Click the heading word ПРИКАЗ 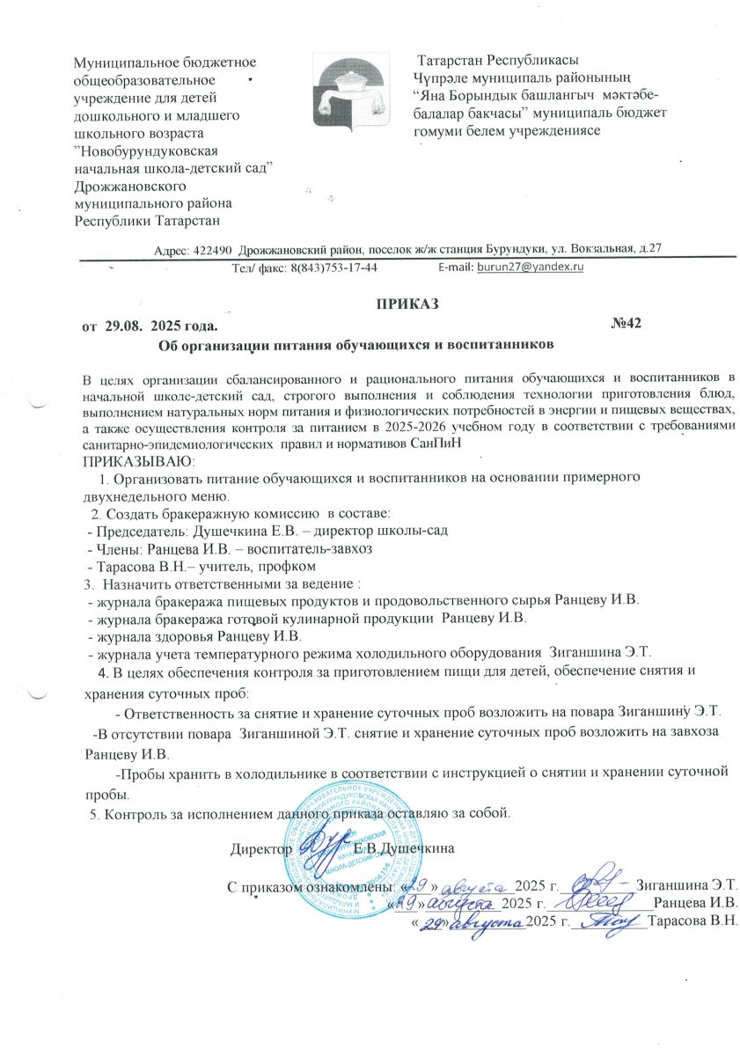click(408, 304)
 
